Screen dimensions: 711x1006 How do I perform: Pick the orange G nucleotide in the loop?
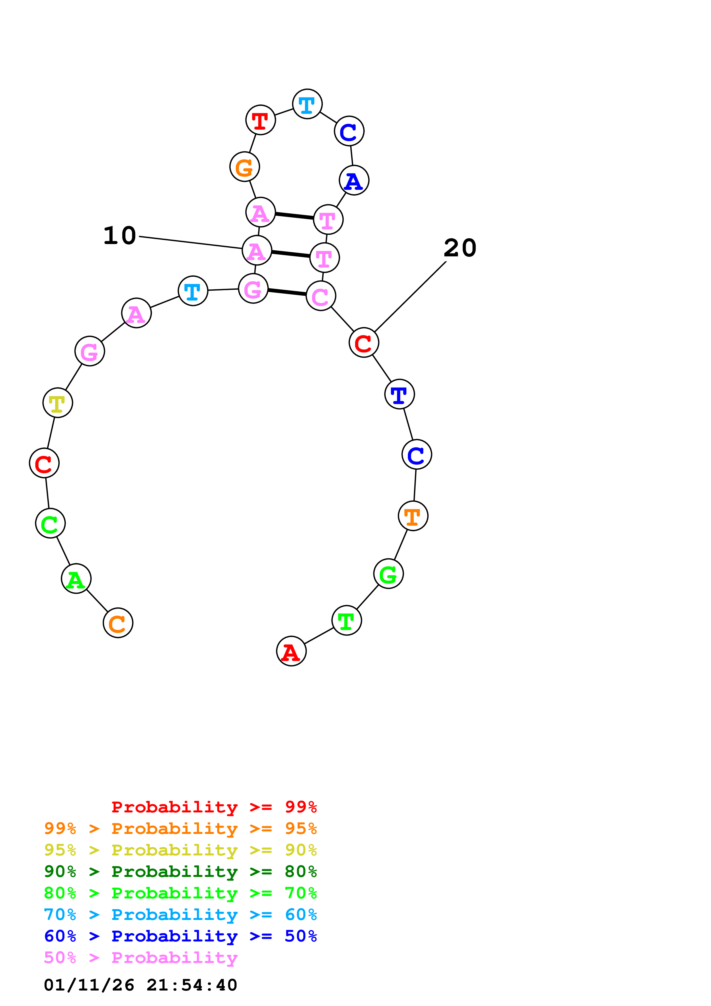click(244, 167)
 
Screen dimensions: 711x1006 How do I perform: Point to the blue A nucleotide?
click(354, 180)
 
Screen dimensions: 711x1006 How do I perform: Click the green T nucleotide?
click(346, 620)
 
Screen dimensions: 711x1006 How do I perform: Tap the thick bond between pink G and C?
click(287, 292)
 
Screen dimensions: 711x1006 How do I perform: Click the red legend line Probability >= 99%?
click(214, 807)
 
